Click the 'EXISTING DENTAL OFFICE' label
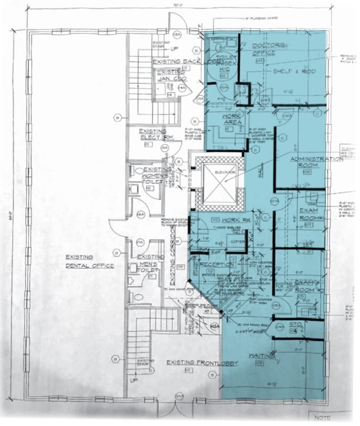[x=90, y=261]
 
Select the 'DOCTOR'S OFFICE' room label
[x=270, y=49]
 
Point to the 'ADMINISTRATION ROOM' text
[x=316, y=162]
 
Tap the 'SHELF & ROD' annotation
[x=287, y=71]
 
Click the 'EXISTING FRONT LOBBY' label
[x=202, y=362]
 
